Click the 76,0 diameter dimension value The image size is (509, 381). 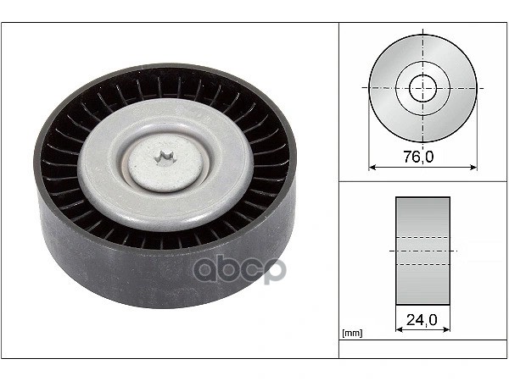pyautogui.click(x=419, y=157)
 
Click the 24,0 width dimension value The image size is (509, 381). pyautogui.click(x=422, y=320)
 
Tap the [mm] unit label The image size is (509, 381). pyautogui.click(x=352, y=333)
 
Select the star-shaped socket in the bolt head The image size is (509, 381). pyautogui.click(x=165, y=157)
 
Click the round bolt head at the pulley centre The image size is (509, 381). pyautogui.click(x=165, y=163)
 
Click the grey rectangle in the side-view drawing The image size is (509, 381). pyautogui.click(x=422, y=251)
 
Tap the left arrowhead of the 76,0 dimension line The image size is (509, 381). pyautogui.click(x=372, y=168)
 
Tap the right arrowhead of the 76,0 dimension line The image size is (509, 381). pyautogui.click(x=473, y=168)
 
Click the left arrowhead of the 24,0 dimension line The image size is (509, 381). pyautogui.click(x=400, y=329)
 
